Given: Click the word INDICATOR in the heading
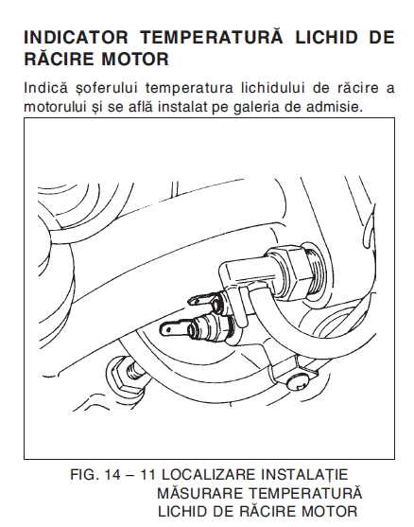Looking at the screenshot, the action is pyautogui.click(x=76, y=37).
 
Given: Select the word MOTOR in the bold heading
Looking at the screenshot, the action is pyautogui.click(x=135, y=60).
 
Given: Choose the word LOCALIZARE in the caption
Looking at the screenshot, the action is pyautogui.click(x=209, y=475).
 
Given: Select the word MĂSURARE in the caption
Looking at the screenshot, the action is pyautogui.click(x=200, y=492).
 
